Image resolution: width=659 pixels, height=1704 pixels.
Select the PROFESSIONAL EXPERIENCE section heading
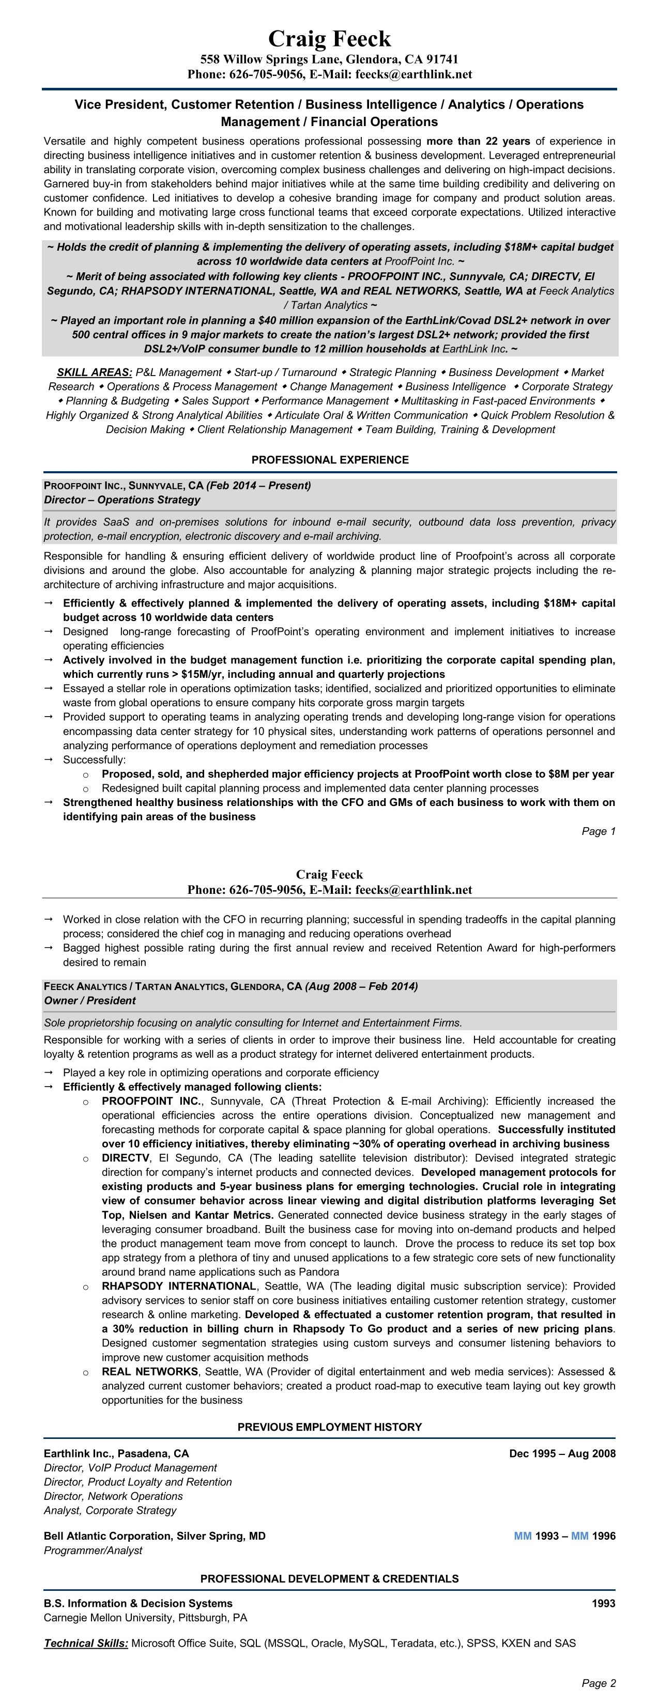[x=330, y=460]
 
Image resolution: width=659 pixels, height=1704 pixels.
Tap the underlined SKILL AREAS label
[x=95, y=373]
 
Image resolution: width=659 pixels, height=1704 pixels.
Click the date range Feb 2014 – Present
[x=259, y=486]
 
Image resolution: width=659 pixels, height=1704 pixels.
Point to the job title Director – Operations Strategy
[x=122, y=500]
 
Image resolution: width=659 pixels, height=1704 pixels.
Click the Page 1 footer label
[x=598, y=831]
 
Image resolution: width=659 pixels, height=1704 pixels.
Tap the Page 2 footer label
[x=598, y=1683]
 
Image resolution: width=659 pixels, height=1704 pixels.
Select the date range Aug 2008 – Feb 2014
[x=361, y=986]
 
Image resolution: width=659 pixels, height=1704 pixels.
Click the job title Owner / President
[x=90, y=1001]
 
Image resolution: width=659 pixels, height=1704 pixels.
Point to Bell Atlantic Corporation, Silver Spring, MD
[x=154, y=1536]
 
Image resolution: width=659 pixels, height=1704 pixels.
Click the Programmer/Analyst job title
[x=93, y=1551]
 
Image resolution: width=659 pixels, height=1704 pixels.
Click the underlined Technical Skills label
[x=86, y=1643]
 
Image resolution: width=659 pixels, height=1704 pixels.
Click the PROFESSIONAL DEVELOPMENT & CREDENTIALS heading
[x=330, y=1579]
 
